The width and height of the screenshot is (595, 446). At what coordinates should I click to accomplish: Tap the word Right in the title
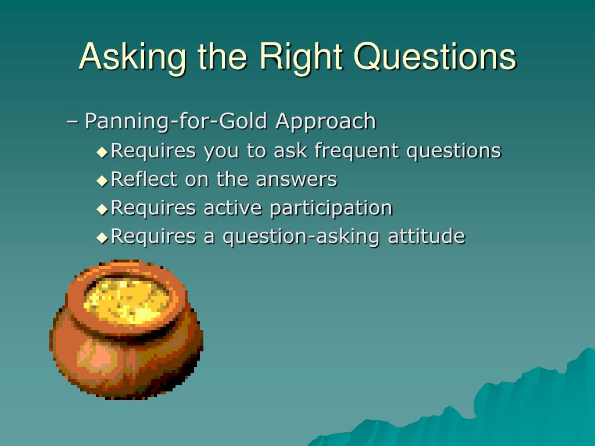point(300,57)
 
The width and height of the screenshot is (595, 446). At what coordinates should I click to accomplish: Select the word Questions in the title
point(435,57)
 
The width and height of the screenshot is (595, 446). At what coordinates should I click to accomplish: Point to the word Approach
point(325,122)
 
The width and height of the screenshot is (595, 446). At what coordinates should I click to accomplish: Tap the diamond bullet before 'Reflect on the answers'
point(102,181)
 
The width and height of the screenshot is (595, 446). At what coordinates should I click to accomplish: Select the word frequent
point(356,151)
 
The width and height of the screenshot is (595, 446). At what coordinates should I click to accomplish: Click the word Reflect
point(144,179)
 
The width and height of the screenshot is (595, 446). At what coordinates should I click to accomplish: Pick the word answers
point(296,180)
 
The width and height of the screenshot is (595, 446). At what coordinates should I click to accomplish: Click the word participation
point(331,208)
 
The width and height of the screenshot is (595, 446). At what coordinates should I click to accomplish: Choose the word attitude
point(426,236)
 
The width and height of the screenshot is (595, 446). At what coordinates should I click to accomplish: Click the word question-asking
point(300,237)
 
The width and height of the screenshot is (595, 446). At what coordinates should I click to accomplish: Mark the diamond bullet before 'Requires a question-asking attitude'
point(102,238)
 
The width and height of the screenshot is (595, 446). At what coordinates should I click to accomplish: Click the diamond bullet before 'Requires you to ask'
point(102,152)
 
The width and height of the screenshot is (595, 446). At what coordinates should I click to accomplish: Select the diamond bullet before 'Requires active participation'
point(102,209)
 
